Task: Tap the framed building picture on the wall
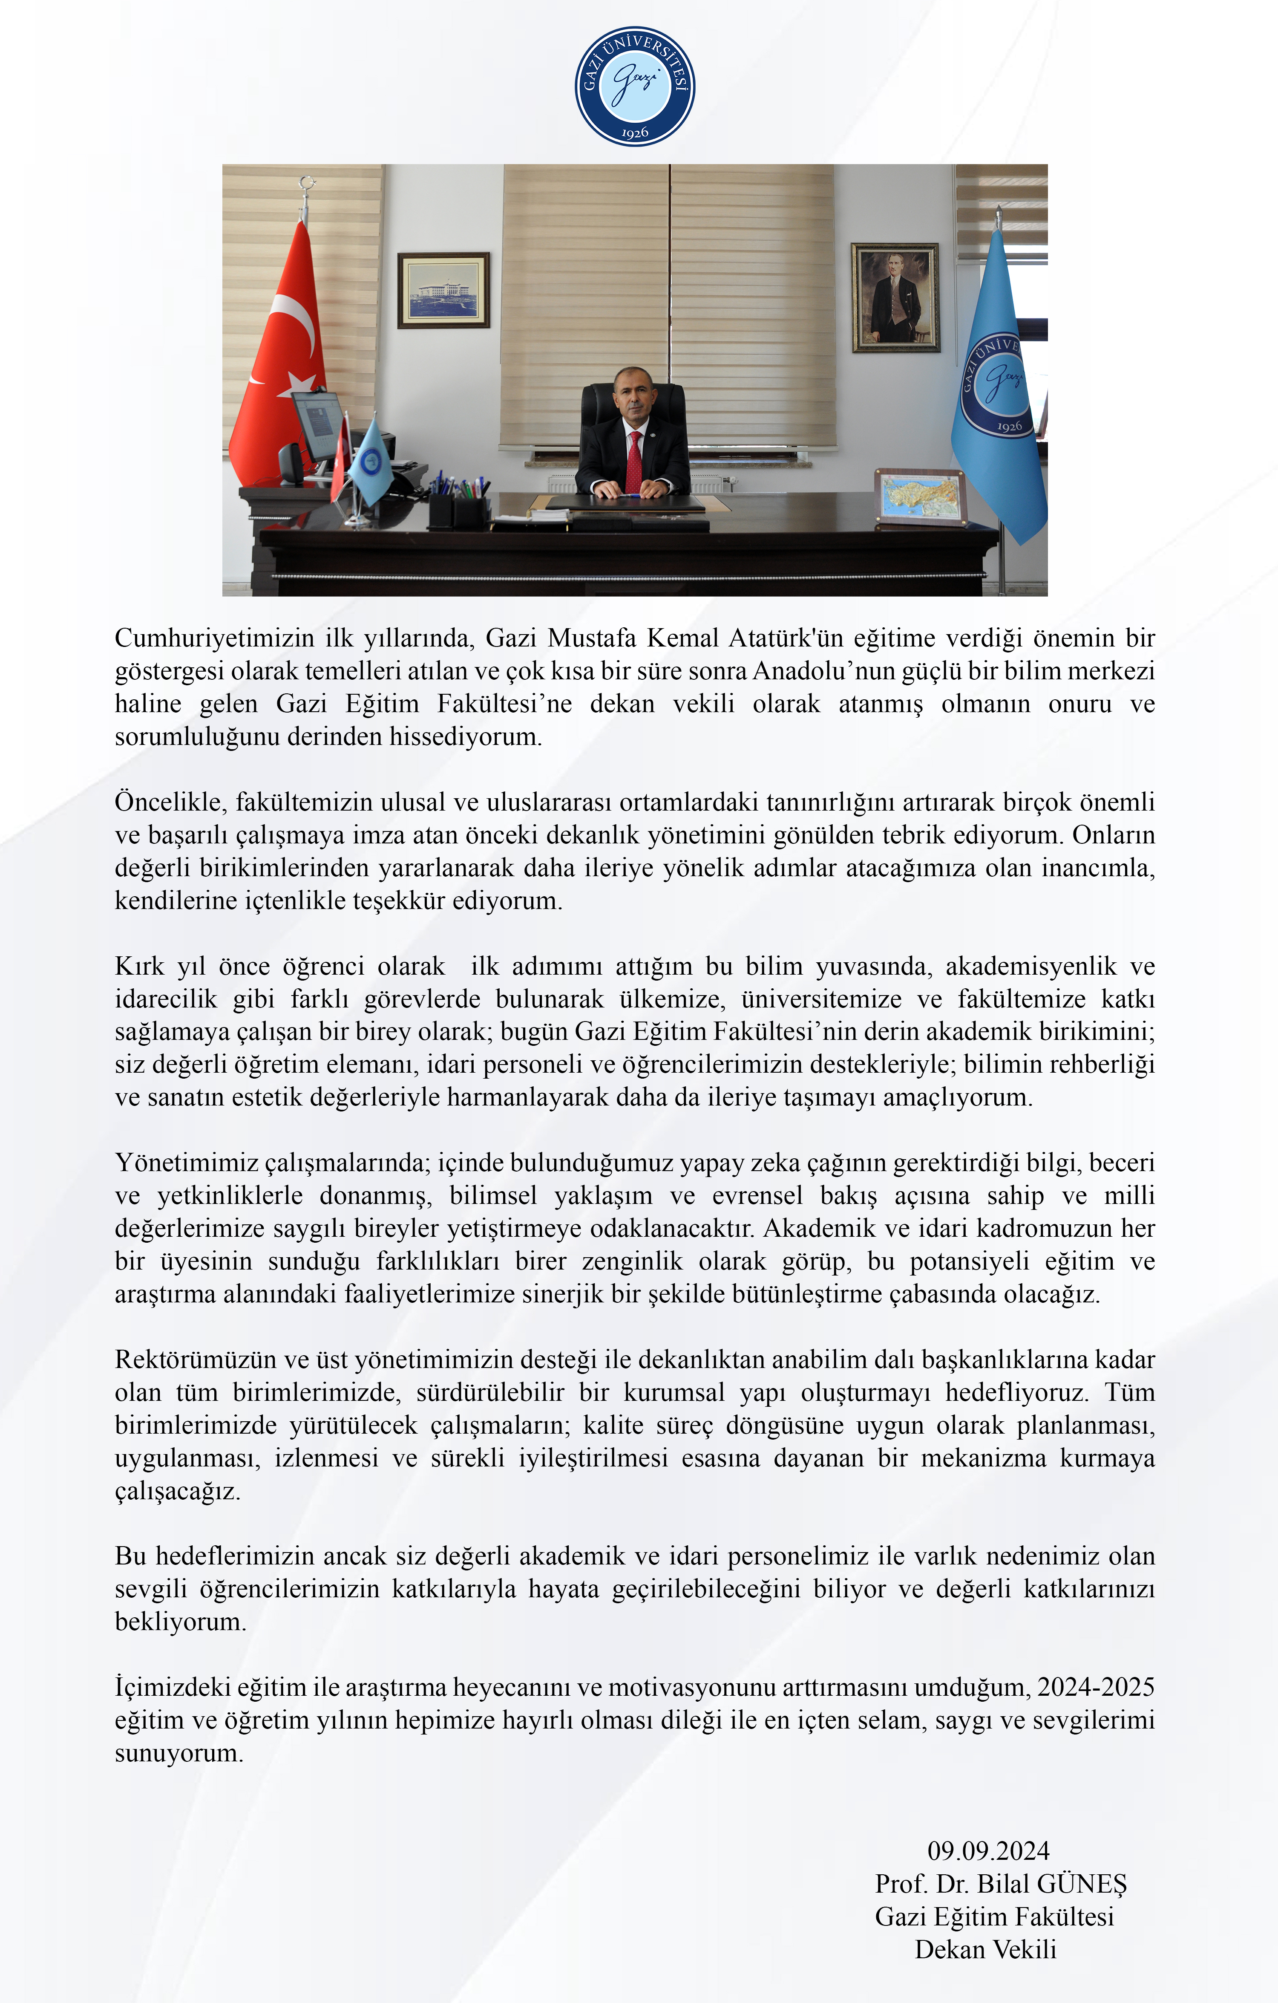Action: click(443, 290)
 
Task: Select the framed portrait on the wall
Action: click(895, 298)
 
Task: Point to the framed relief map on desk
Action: click(920, 497)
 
